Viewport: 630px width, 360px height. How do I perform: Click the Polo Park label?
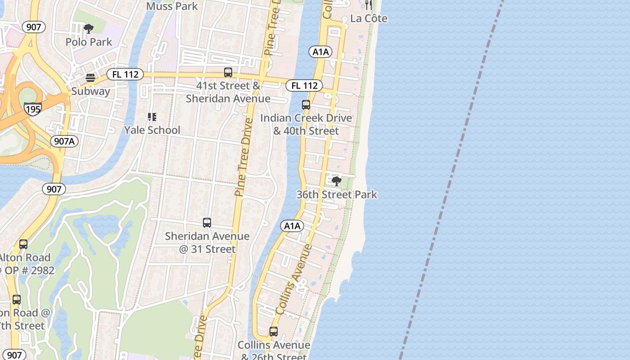click(x=89, y=42)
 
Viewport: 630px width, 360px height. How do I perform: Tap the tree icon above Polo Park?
click(x=89, y=29)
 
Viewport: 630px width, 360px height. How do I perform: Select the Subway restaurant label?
click(x=90, y=91)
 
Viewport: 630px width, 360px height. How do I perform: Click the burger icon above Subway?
click(x=90, y=78)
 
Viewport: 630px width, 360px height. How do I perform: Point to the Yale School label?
click(x=152, y=130)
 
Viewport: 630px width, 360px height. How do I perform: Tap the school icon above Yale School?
click(x=152, y=117)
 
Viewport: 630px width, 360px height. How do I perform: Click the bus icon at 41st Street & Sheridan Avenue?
click(x=228, y=72)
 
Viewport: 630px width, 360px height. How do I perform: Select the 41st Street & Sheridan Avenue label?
click(x=228, y=92)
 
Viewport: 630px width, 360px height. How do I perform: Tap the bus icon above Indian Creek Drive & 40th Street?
click(x=306, y=105)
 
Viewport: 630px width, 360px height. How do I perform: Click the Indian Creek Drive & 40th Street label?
click(x=306, y=125)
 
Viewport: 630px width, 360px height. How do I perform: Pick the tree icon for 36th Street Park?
click(x=336, y=181)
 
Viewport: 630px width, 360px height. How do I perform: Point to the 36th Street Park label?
click(x=337, y=194)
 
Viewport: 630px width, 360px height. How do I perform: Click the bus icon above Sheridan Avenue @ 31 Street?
click(x=207, y=223)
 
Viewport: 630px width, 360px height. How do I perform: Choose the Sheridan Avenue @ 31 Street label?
click(x=207, y=243)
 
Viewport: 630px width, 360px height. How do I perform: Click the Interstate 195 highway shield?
click(x=33, y=109)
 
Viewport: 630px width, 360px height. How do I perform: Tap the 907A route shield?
click(x=64, y=141)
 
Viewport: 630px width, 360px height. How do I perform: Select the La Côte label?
click(x=369, y=18)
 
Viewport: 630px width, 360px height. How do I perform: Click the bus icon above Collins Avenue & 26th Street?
click(x=274, y=332)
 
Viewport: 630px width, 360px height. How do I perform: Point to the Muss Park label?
click(x=172, y=6)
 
